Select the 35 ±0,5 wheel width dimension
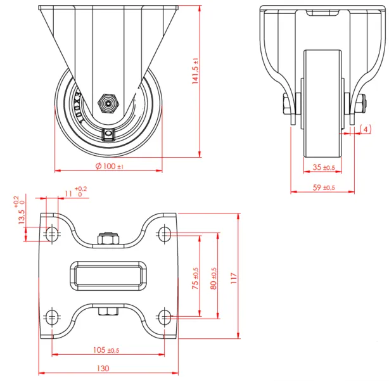(x=324, y=168)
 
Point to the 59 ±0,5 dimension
(x=324, y=188)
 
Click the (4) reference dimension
(x=365, y=129)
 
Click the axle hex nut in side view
(x=107, y=101)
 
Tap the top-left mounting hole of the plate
(x=52, y=234)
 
